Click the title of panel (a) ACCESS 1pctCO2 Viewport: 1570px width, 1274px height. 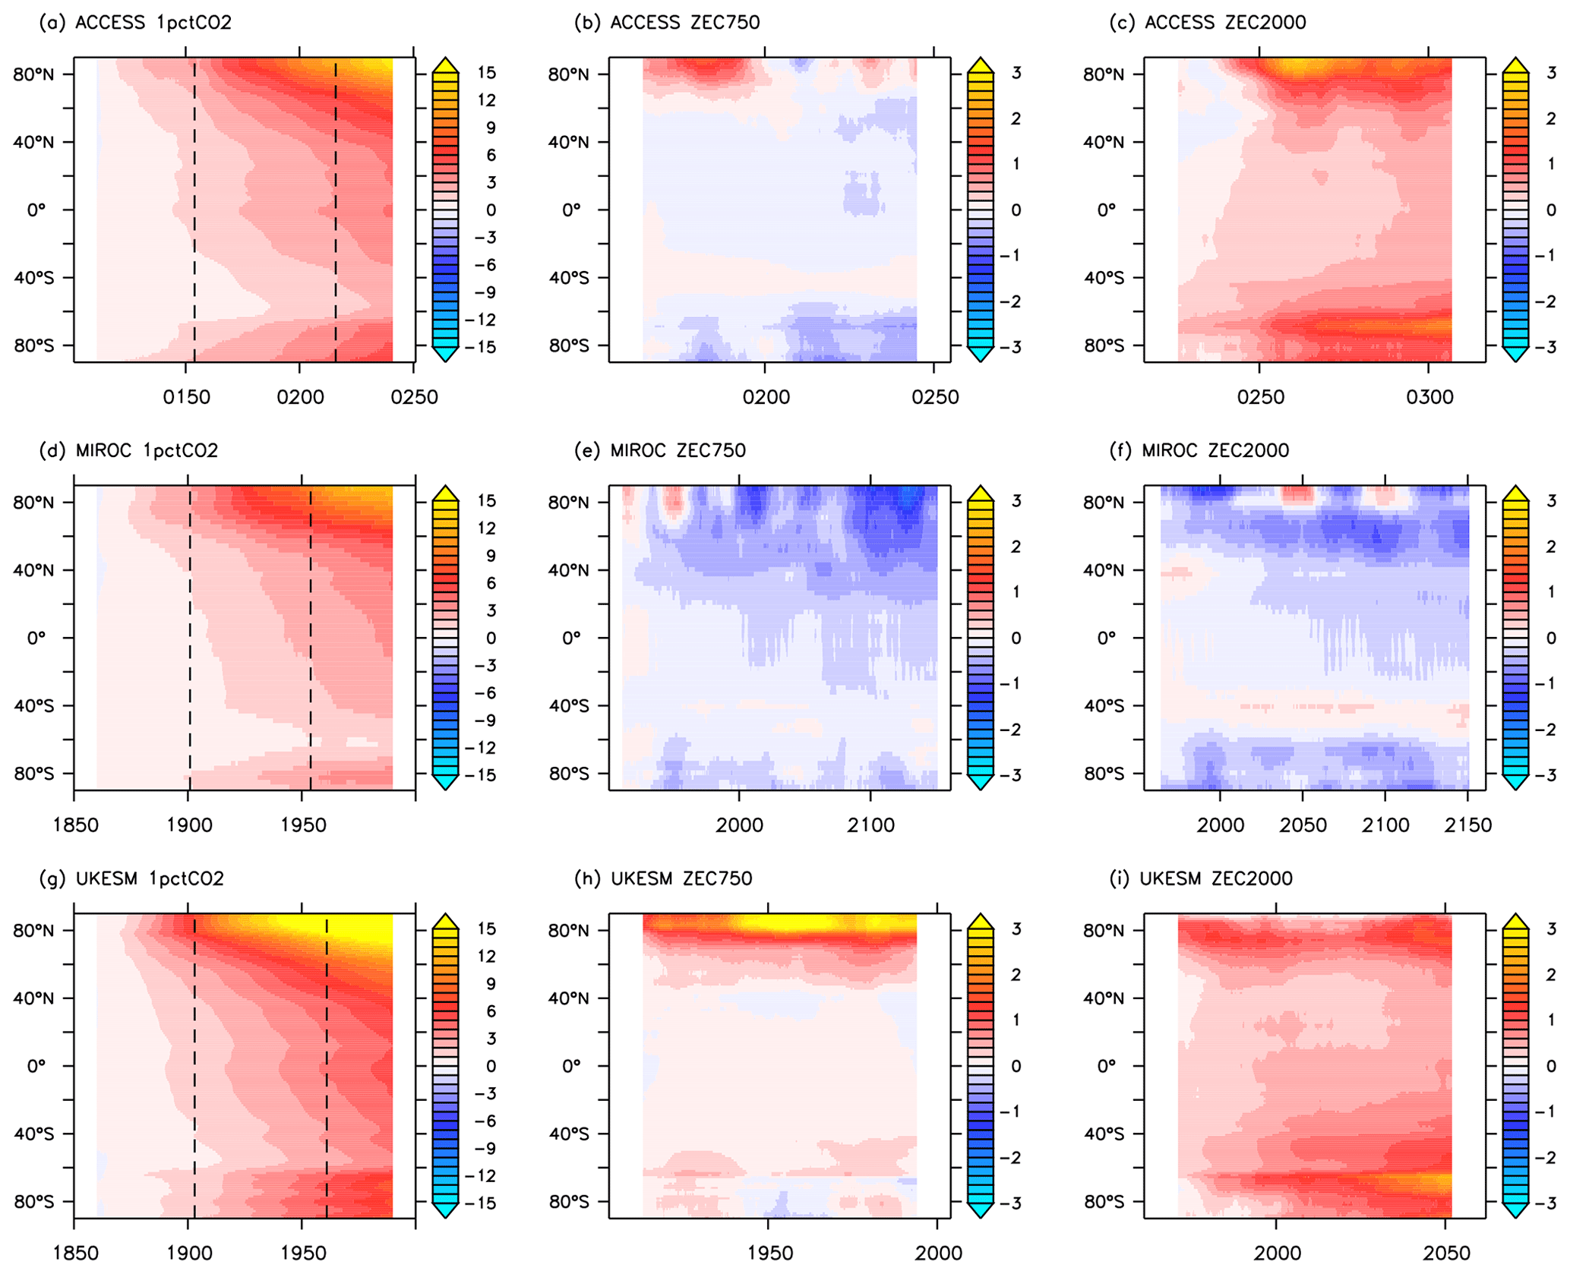[x=135, y=23]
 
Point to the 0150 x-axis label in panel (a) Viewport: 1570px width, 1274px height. [x=186, y=397]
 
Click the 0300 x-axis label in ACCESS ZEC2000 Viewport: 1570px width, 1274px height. [x=1429, y=397]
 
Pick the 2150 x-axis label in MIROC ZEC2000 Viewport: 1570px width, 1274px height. [x=1468, y=825]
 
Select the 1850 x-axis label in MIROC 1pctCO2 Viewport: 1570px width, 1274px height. [x=75, y=825]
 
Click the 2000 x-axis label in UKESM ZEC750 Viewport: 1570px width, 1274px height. [x=937, y=1254]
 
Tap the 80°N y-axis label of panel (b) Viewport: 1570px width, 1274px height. [x=568, y=74]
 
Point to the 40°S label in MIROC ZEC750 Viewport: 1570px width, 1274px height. [x=568, y=706]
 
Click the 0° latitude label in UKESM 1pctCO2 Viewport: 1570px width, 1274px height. [x=36, y=1066]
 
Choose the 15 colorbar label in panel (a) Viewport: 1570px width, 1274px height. [x=486, y=73]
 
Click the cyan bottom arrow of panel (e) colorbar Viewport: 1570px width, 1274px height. [x=980, y=782]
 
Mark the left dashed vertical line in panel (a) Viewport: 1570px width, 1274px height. [x=194, y=213]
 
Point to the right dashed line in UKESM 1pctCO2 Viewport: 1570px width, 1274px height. [x=327, y=1063]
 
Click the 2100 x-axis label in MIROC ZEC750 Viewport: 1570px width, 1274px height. [x=870, y=825]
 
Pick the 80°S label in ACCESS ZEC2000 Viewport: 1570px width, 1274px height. [x=1103, y=345]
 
